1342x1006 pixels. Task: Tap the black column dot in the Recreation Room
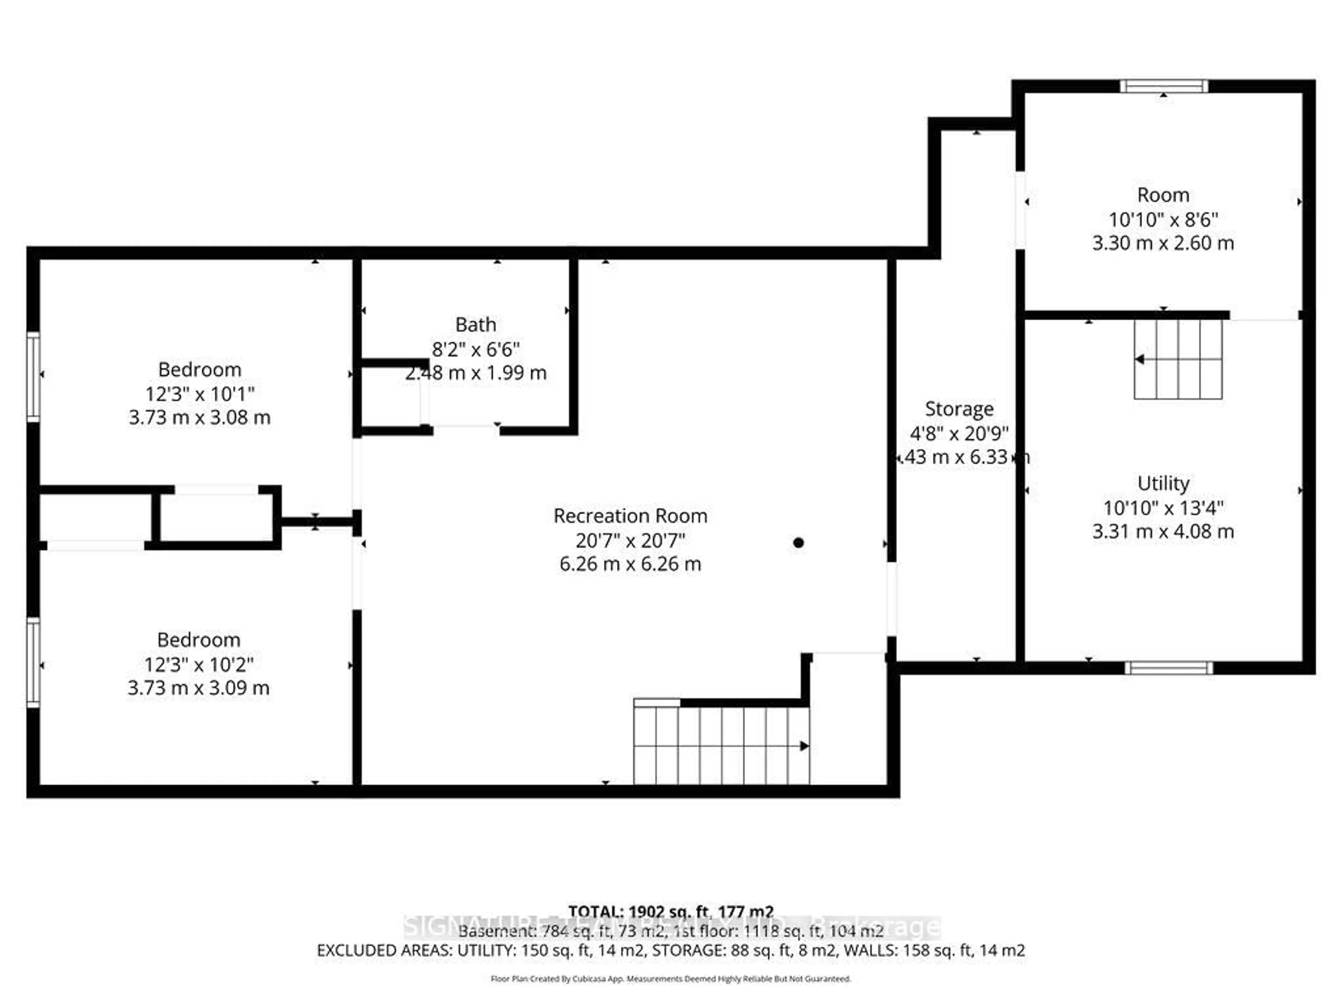click(799, 543)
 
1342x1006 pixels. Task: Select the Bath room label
click(476, 325)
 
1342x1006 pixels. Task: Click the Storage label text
click(959, 409)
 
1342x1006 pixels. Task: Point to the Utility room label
click(1163, 483)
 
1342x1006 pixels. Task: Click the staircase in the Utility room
click(1178, 359)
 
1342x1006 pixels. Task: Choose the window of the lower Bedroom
click(33, 662)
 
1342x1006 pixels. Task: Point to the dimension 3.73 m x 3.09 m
click(199, 688)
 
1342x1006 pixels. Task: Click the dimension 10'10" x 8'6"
click(1163, 219)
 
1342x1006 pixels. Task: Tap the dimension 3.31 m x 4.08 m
click(1163, 532)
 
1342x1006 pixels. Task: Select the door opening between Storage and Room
click(1020, 210)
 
